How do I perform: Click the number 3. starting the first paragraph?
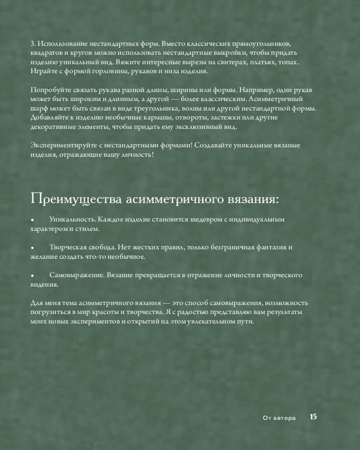[x=33, y=44]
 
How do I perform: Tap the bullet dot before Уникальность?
[x=32, y=220]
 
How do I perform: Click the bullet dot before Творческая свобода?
[x=32, y=248]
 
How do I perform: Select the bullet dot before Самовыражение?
[x=32, y=276]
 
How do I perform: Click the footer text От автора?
[x=279, y=418]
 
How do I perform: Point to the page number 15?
[x=313, y=417]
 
